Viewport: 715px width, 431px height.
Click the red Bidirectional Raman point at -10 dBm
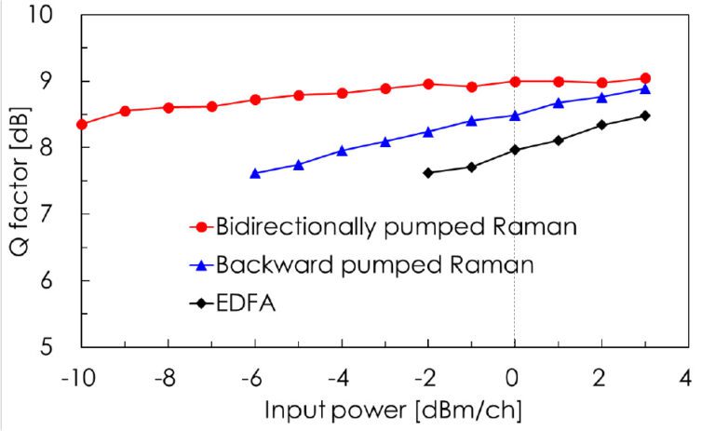click(x=82, y=124)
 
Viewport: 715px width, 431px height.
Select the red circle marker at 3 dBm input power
click(x=645, y=79)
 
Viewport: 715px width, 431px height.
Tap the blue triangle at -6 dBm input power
click(x=255, y=173)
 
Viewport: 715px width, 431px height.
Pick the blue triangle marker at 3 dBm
click(x=645, y=89)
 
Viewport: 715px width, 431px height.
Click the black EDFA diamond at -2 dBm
click(x=428, y=172)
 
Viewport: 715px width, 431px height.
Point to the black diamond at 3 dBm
click(x=645, y=115)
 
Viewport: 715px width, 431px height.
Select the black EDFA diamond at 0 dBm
click(x=515, y=150)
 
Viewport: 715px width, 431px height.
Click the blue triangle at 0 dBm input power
click(x=515, y=115)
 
